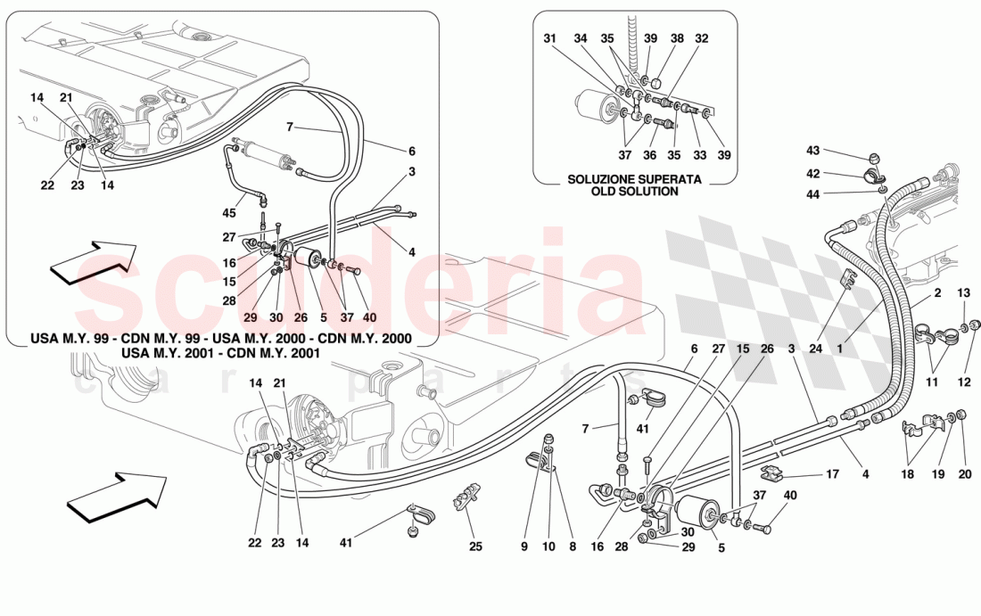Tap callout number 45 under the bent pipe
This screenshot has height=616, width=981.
[229, 212]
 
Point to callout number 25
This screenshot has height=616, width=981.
[476, 546]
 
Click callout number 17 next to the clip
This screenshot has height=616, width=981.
[831, 474]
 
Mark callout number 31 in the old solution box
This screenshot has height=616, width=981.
[550, 38]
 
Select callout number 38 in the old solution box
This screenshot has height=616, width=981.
[677, 38]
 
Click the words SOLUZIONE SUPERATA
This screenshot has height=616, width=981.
[635, 179]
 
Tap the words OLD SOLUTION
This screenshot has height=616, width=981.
[635, 191]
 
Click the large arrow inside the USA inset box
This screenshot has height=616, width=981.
[93, 260]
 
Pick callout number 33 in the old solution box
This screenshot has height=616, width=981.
[699, 155]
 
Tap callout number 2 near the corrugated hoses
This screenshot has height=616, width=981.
[938, 292]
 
